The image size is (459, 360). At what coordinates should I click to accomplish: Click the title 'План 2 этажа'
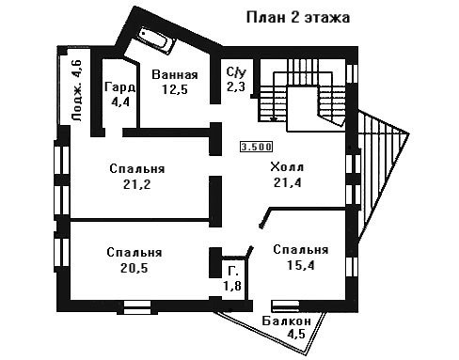pyautogui.click(x=298, y=18)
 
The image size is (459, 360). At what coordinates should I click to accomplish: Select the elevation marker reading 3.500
pyautogui.click(x=256, y=147)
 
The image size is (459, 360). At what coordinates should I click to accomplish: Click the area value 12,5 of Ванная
pyautogui.click(x=175, y=89)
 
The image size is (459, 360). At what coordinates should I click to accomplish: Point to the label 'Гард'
pyautogui.click(x=120, y=86)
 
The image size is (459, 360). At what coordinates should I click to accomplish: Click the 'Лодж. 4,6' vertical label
pyautogui.click(x=77, y=91)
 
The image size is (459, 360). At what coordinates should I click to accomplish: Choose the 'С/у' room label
pyautogui.click(x=236, y=72)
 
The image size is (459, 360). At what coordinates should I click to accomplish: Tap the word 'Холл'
pyautogui.click(x=287, y=167)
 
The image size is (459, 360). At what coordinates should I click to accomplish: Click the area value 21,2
pyautogui.click(x=136, y=184)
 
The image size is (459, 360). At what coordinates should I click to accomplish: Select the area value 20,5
pyautogui.click(x=134, y=268)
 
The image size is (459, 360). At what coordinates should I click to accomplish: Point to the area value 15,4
pyautogui.click(x=301, y=265)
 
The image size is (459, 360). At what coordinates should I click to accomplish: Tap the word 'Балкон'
pyautogui.click(x=287, y=321)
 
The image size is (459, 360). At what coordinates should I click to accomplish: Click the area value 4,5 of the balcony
pyautogui.click(x=296, y=334)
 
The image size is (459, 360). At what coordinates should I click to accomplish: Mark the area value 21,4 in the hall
pyautogui.click(x=287, y=182)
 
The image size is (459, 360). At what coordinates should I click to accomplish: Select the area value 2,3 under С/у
pyautogui.click(x=236, y=86)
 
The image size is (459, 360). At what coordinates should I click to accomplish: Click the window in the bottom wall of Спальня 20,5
pyautogui.click(x=137, y=307)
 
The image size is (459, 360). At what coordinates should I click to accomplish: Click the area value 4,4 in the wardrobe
pyautogui.click(x=120, y=102)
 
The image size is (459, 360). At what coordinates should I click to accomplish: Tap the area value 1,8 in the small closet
pyautogui.click(x=232, y=286)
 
